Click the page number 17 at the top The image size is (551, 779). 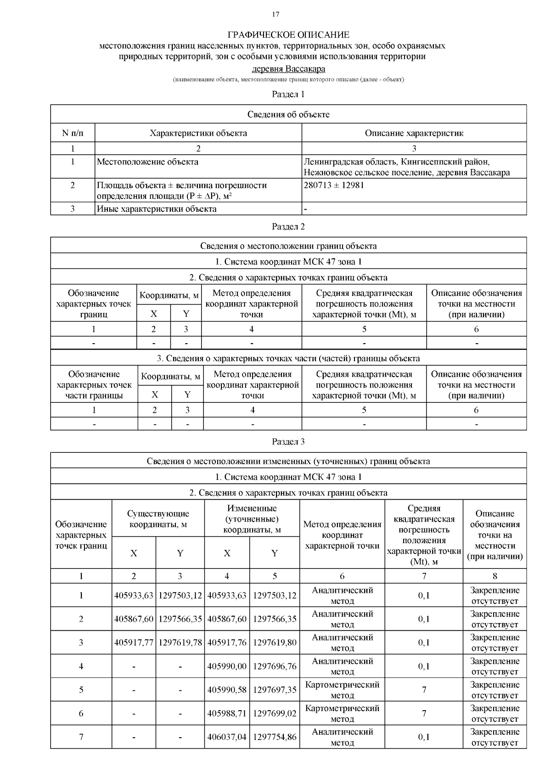pos(275,14)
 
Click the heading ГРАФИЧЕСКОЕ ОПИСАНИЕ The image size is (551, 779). pos(288,35)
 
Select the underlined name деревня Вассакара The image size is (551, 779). pos(288,69)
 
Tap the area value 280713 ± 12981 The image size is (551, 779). pos(334,185)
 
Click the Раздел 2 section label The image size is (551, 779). pos(288,226)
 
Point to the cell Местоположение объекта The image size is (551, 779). pos(147,161)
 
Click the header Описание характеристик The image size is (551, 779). pos(414,133)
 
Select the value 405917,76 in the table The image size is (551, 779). pos(227,642)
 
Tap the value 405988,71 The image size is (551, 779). pos(227,713)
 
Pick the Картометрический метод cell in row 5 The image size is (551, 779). pos(342,690)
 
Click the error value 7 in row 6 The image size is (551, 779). pos(424,713)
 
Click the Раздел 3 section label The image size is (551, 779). pos(288,441)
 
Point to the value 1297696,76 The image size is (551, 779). pos(275,666)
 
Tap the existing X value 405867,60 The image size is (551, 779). pos(134,619)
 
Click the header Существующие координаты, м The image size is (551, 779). pos(158,519)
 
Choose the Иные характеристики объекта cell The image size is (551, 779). pos(157,209)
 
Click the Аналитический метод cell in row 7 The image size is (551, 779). pos(342,737)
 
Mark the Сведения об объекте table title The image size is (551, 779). pos(288,114)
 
